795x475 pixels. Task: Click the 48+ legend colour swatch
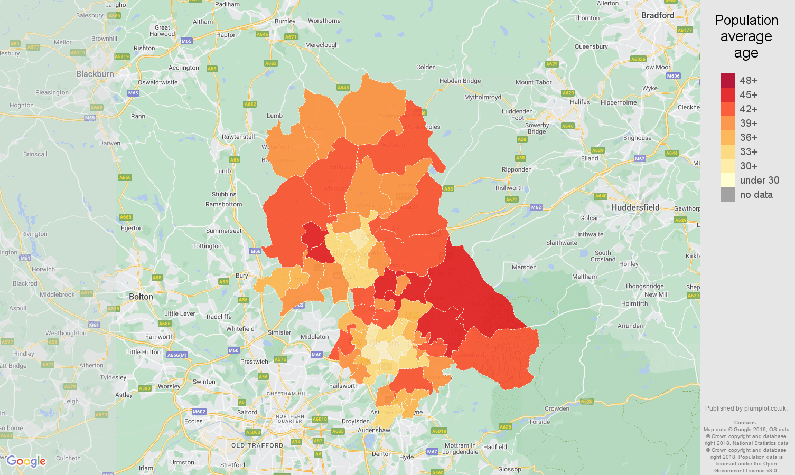(x=727, y=80)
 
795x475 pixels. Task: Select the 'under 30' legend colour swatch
(x=727, y=180)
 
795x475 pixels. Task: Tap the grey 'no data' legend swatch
(x=727, y=194)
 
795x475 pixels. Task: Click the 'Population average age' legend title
(x=746, y=36)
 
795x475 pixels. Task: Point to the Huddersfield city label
(x=635, y=207)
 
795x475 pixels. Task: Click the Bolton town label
(x=141, y=297)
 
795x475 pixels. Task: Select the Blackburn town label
(x=95, y=74)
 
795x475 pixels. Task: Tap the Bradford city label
(x=658, y=15)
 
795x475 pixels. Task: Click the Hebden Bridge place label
(x=460, y=81)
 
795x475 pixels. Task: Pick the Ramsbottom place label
(x=223, y=204)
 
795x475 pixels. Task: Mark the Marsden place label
(x=524, y=267)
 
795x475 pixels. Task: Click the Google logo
(x=26, y=461)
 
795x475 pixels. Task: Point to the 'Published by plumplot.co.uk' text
(x=746, y=408)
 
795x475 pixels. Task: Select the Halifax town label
(x=579, y=102)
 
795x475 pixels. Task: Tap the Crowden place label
(x=557, y=408)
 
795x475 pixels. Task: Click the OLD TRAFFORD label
(x=257, y=445)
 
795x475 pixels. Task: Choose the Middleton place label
(x=314, y=337)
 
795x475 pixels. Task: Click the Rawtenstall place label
(x=238, y=137)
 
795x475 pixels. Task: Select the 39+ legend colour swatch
(x=727, y=123)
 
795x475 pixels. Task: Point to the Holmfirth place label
(x=634, y=303)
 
